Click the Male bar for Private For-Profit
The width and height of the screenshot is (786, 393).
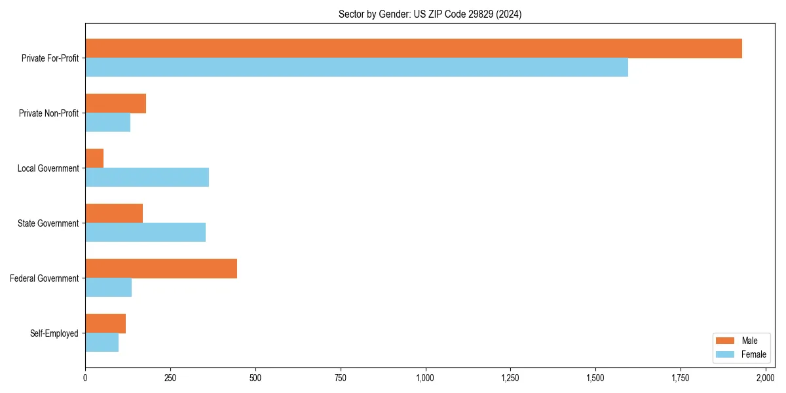pyautogui.click(x=413, y=48)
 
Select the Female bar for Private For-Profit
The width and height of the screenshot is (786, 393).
pyautogui.click(x=356, y=67)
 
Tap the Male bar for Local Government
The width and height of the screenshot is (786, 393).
pyautogui.click(x=94, y=159)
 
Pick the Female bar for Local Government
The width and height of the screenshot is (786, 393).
pyautogui.click(x=147, y=178)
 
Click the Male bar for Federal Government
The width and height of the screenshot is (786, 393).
pyautogui.click(x=161, y=269)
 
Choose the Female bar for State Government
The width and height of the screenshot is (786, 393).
pyautogui.click(x=145, y=233)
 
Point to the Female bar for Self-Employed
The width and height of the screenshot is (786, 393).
pyautogui.click(x=102, y=343)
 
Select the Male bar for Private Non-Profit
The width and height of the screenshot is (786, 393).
pyautogui.click(x=115, y=103)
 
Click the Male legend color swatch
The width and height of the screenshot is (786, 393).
pyautogui.click(x=725, y=341)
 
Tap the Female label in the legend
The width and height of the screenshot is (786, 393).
pyautogui.click(x=753, y=354)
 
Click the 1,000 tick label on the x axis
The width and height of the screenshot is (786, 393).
pyautogui.click(x=425, y=378)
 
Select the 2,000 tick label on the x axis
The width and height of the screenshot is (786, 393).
pyautogui.click(x=765, y=378)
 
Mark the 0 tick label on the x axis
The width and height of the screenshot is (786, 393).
pyautogui.click(x=85, y=378)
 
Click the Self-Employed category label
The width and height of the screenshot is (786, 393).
pyautogui.click(x=54, y=333)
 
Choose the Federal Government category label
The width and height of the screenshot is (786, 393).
pyautogui.click(x=45, y=278)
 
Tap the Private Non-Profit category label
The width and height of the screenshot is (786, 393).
pyautogui.click(x=48, y=113)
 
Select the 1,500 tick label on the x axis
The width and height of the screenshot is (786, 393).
pyautogui.click(x=595, y=378)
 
